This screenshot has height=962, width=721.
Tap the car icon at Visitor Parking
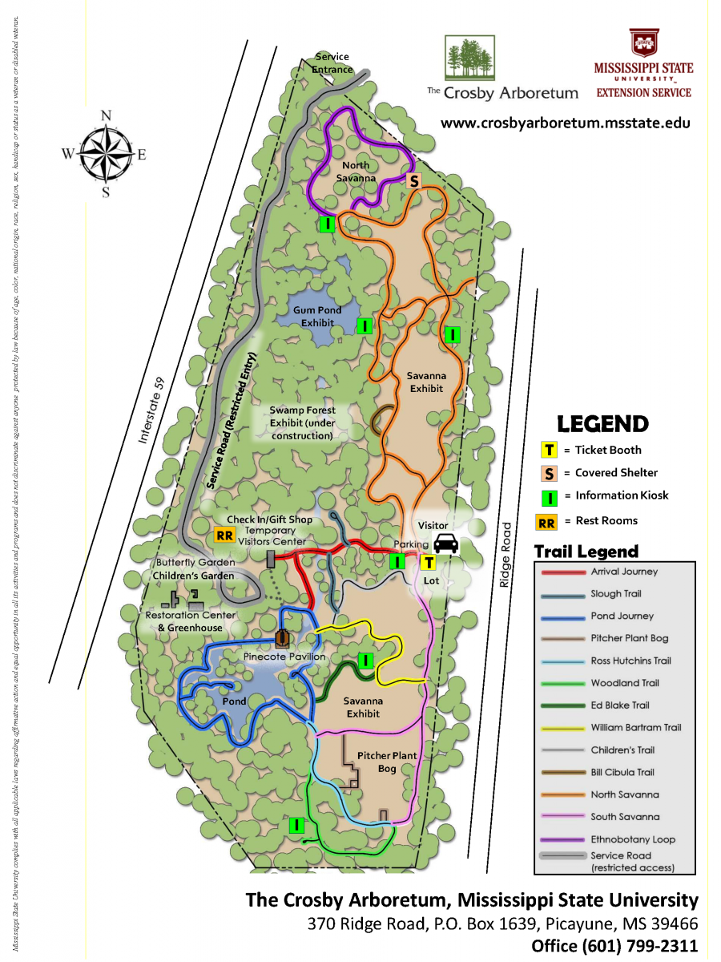coord(446,544)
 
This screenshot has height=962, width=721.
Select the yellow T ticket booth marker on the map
coord(428,563)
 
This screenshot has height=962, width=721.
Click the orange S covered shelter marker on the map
coord(414,181)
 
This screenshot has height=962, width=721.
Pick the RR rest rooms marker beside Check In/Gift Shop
coord(224,536)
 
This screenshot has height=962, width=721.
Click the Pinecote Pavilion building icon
coord(282,638)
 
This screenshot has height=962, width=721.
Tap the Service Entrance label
coord(332,63)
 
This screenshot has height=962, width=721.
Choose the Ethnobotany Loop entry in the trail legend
coord(633,839)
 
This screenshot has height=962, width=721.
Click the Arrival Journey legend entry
coord(624,572)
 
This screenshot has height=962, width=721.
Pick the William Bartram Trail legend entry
coord(636,728)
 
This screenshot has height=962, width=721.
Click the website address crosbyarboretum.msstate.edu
coord(565,123)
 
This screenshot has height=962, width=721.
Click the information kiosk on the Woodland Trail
coord(296,824)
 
